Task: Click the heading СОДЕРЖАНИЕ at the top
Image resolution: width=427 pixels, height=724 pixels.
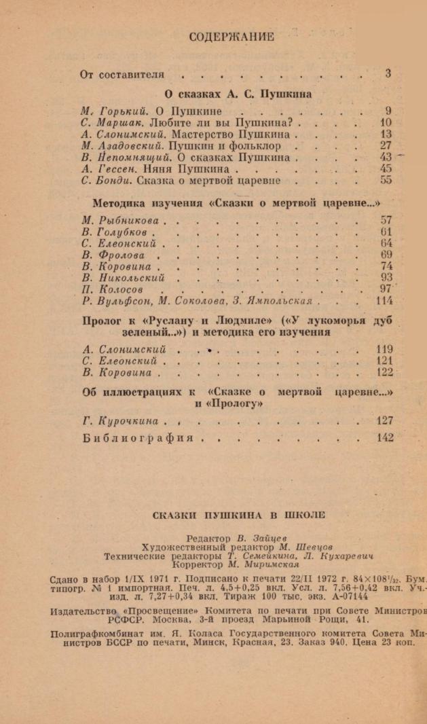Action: (x=231, y=37)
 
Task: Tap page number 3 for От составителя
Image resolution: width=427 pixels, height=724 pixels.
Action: (x=388, y=74)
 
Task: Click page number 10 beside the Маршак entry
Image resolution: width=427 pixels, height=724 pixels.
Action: (x=386, y=123)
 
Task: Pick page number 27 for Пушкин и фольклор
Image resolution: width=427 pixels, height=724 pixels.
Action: (x=386, y=146)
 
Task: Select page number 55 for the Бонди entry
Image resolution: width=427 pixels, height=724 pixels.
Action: (x=386, y=181)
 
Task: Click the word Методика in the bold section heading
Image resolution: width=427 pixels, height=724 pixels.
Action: (x=119, y=202)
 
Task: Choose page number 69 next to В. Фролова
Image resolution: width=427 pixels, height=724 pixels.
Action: (x=386, y=255)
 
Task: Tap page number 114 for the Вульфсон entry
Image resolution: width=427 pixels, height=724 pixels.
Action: (x=384, y=300)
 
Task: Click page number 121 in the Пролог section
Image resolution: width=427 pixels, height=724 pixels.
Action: (x=384, y=361)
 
